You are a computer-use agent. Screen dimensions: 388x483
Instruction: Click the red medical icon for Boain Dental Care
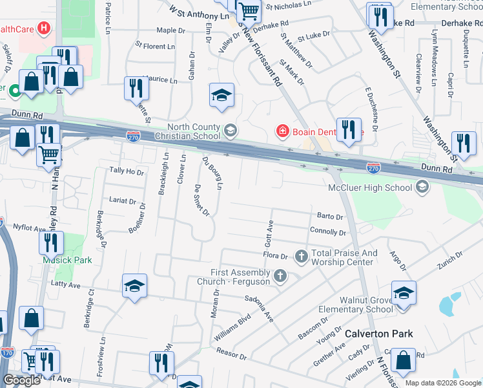pyautogui.click(x=282, y=131)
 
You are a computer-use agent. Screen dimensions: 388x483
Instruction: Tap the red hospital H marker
pyautogui.click(x=43, y=28)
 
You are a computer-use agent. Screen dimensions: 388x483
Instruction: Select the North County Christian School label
pyautogui.click(x=194, y=131)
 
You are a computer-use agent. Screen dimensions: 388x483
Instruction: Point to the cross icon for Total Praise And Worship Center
pyautogui.click(x=301, y=257)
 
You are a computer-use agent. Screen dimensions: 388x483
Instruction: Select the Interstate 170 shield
pyautogui.click(x=7, y=353)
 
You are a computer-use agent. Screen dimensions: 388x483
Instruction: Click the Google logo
pyautogui.click(x=21, y=380)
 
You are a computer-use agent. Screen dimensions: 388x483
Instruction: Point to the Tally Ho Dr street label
pyautogui.click(x=126, y=171)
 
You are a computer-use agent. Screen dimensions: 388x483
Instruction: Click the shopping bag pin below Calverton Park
pyautogui.click(x=403, y=363)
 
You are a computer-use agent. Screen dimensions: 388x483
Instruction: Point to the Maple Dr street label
pyautogui.click(x=170, y=30)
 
